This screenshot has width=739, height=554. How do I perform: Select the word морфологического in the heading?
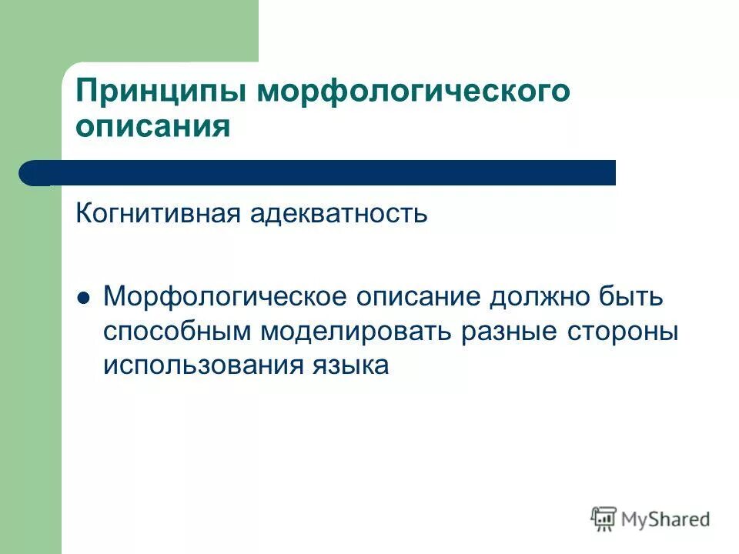tap(413, 92)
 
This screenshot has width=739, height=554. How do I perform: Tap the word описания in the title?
tap(153, 125)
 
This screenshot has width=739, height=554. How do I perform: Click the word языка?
tap(350, 365)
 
